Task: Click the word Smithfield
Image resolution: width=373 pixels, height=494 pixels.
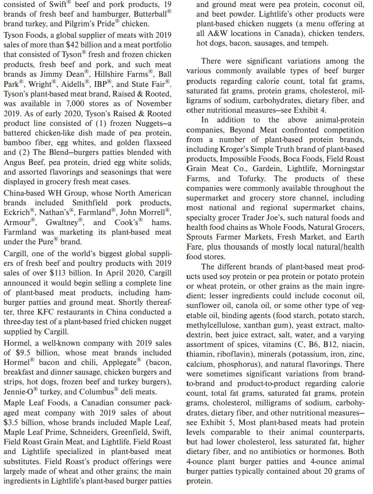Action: point(91,203)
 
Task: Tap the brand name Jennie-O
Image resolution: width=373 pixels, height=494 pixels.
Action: point(17,392)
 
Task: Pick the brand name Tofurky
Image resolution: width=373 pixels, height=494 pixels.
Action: point(249,179)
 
